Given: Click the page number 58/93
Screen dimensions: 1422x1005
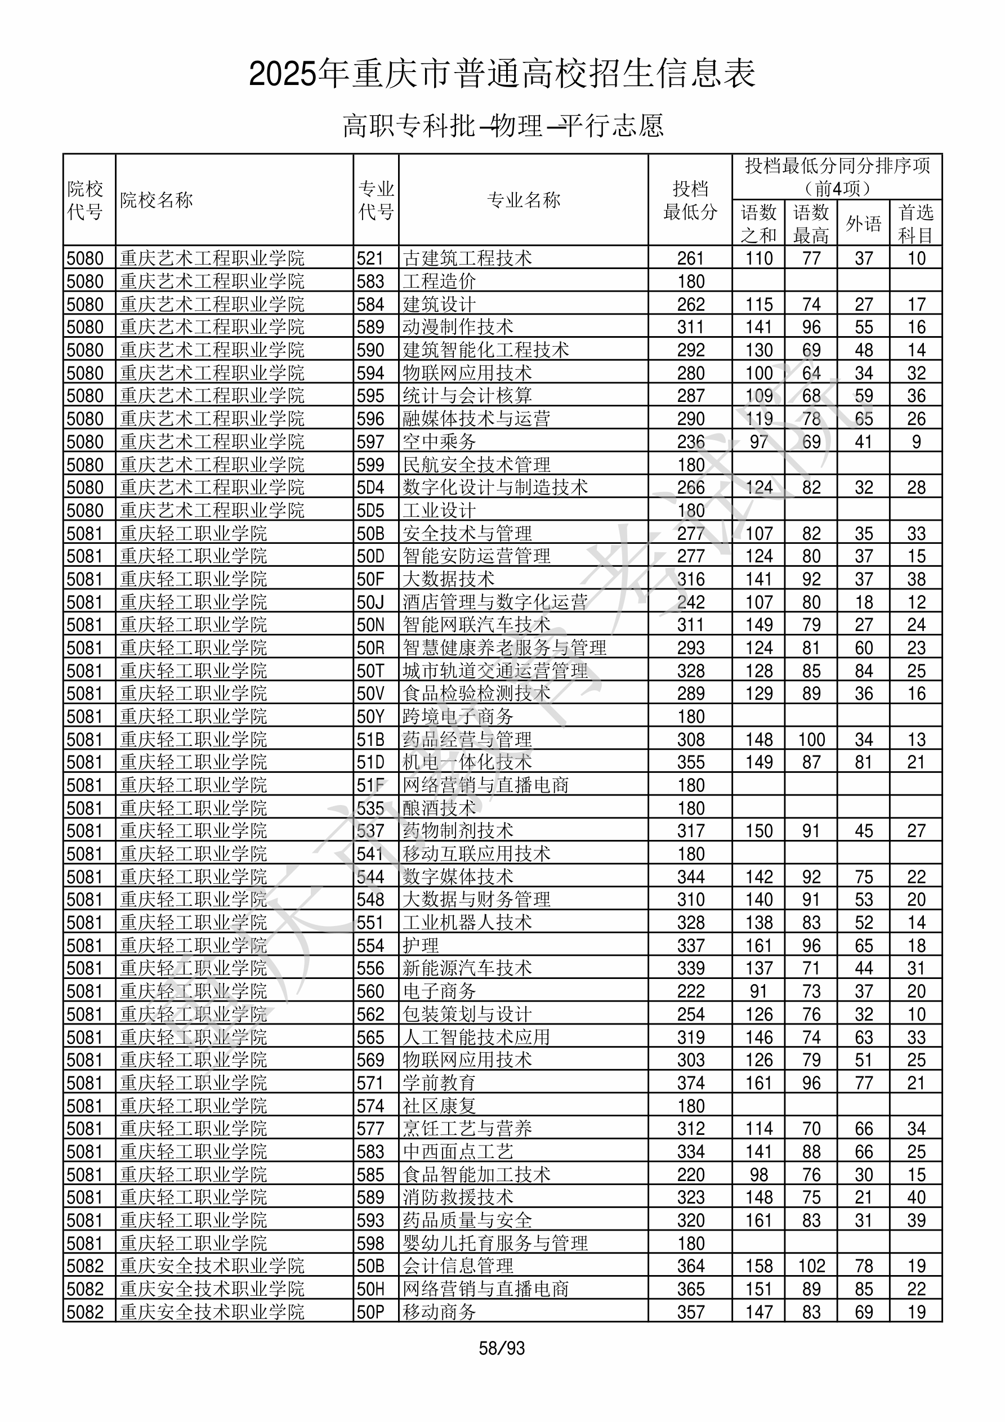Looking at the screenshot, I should [501, 1348].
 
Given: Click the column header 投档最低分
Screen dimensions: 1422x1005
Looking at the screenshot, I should [690, 200].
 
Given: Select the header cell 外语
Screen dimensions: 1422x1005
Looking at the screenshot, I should [863, 223].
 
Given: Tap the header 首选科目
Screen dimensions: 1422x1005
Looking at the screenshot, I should [916, 223].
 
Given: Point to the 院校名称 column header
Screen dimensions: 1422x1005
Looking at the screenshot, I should [157, 200].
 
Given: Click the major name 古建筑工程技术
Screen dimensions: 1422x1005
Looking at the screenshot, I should [467, 258].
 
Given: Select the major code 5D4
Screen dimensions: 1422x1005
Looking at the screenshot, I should [370, 488].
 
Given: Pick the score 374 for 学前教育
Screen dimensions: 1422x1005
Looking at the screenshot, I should [690, 1083].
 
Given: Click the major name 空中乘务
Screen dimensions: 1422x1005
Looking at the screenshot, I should [439, 441].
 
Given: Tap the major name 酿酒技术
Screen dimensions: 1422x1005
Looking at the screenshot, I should [439, 808].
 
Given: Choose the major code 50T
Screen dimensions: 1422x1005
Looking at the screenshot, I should [370, 670].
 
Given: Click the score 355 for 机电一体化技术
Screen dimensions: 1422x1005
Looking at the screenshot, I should [690, 762].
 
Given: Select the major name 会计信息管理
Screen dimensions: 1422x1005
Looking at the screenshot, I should [458, 1267].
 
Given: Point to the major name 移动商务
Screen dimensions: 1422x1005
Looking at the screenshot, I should [439, 1312].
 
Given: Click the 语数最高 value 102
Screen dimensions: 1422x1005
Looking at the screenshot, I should [811, 1267].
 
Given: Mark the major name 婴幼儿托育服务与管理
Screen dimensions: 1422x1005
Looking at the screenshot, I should [495, 1244].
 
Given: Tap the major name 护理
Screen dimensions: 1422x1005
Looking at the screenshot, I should [421, 946].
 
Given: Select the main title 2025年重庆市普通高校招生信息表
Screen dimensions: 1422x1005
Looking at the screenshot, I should [502, 74].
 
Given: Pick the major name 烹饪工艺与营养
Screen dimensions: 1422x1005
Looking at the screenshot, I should [467, 1129].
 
